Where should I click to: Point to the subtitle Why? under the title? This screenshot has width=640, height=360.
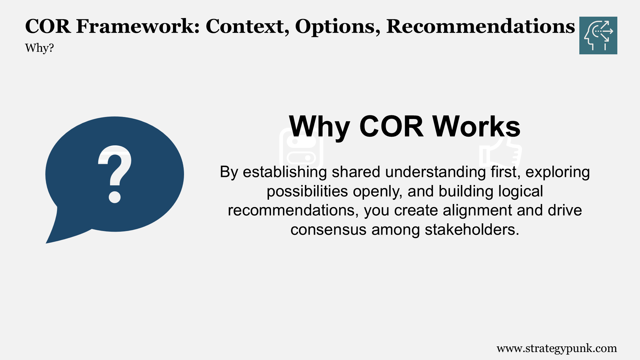coord(39,48)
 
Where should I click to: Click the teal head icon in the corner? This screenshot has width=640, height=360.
coord(598,35)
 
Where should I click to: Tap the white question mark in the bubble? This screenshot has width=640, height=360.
coord(115,174)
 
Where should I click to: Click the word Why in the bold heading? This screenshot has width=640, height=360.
coord(319,127)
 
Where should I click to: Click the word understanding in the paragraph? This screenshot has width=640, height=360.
coord(435,172)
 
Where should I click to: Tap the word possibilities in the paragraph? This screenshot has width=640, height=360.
coord(307,191)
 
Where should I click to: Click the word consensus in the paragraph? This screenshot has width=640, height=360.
coord(328,230)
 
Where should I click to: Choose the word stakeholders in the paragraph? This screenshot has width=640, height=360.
coord(472,230)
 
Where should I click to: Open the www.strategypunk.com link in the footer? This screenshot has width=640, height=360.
coord(557,348)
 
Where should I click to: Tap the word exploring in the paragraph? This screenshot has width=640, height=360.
coord(558,172)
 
